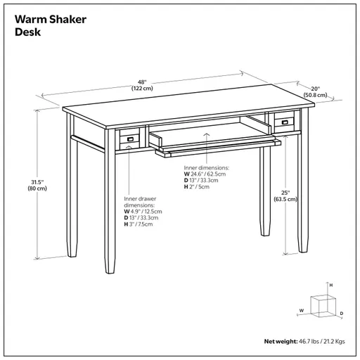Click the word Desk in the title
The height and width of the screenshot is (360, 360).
coord(27,32)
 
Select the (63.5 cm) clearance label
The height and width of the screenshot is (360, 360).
coord(285,200)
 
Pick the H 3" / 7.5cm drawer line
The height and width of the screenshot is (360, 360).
coord(139,224)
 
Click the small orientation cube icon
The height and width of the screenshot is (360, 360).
coord(321,305)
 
